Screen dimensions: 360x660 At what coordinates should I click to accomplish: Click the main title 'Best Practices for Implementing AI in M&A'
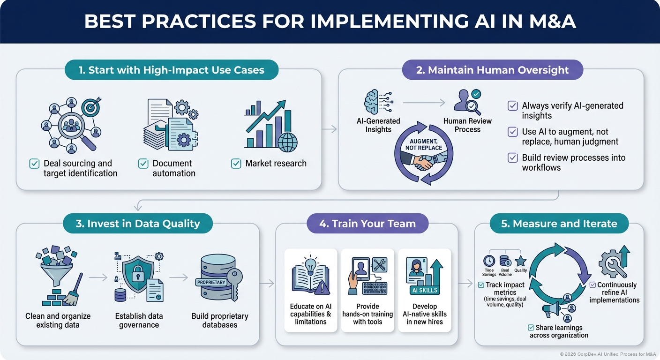(x=330, y=22)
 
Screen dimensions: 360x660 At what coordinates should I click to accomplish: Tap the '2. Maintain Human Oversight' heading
(x=492, y=71)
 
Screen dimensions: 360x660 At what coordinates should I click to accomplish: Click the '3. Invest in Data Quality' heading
(x=137, y=224)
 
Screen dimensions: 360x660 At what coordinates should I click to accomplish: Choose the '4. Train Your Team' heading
(x=367, y=224)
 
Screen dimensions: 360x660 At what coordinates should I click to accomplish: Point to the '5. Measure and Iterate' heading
(x=559, y=224)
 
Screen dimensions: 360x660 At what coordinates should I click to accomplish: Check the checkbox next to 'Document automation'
(x=143, y=164)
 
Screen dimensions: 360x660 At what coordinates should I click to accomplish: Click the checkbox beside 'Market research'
(x=236, y=164)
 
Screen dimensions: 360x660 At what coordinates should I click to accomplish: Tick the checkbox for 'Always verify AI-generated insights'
(x=513, y=106)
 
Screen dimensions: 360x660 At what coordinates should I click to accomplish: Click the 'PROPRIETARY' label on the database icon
(x=211, y=283)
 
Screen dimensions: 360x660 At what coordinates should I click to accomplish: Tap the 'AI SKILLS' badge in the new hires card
(x=424, y=290)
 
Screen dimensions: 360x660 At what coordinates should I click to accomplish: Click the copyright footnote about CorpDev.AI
(x=607, y=354)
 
